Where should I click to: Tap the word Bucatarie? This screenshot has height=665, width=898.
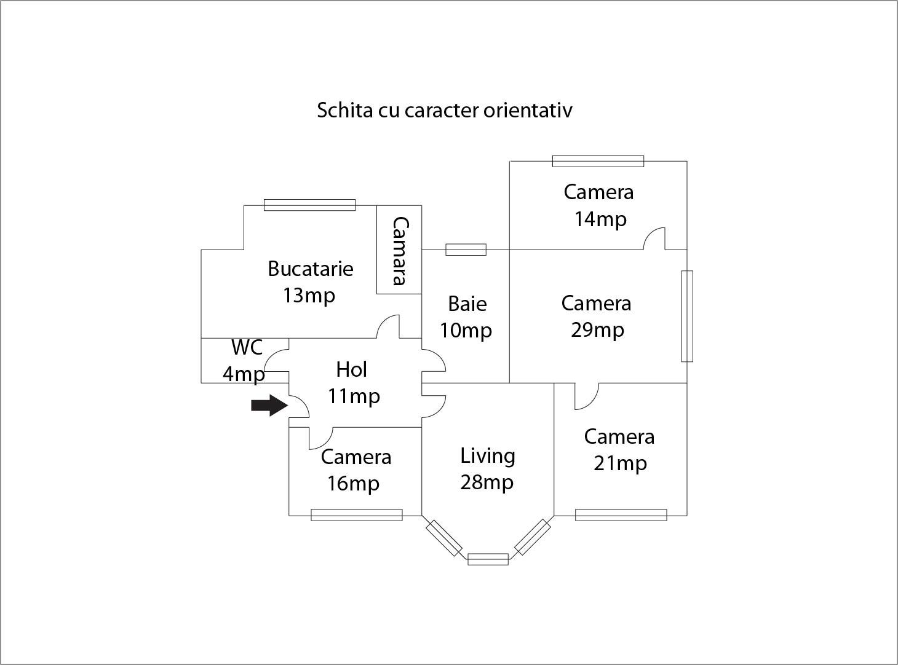[311, 269]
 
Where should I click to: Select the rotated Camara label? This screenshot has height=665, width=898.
[400, 251]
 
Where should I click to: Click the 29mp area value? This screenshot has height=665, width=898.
[597, 331]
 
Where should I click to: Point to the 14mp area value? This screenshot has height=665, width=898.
[600, 220]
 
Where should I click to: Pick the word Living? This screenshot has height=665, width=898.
[488, 457]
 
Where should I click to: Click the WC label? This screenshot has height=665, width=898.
[247, 347]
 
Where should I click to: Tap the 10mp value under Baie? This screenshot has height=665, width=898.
[466, 331]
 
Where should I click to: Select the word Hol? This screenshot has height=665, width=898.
[351, 369]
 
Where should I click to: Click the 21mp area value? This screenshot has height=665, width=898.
[620, 464]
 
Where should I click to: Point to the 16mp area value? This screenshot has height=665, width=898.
[353, 484]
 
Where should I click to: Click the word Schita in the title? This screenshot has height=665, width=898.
[344, 110]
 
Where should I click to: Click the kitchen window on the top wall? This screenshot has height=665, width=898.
[310, 205]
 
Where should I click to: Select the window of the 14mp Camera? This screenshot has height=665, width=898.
[598, 161]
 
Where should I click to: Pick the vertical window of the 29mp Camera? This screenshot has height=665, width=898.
[687, 316]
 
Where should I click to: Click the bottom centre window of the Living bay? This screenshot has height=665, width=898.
[488, 559]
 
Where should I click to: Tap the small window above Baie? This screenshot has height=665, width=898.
[466, 250]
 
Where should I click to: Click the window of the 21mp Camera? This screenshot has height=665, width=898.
[621, 515]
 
